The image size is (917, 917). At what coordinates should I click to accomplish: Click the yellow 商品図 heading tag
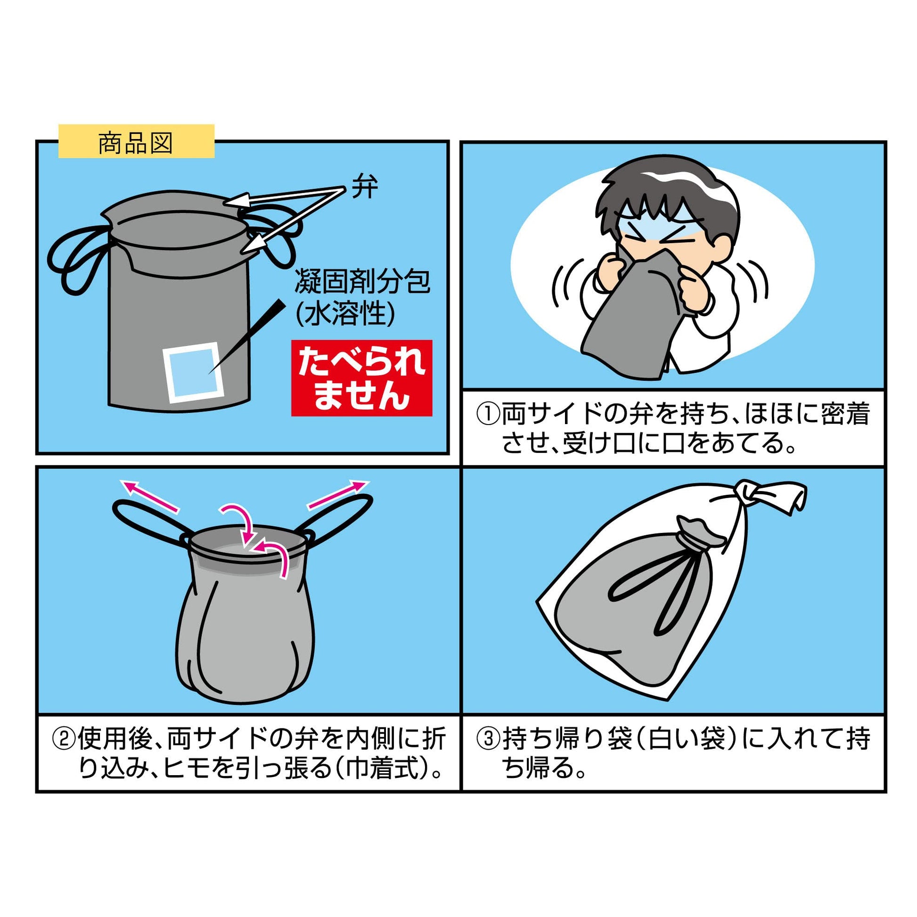tap(136, 141)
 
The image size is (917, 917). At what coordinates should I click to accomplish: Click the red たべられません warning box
tap(361, 378)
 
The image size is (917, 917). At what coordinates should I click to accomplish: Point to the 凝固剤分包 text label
tap(363, 281)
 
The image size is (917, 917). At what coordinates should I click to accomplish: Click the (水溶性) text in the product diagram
tap(345, 314)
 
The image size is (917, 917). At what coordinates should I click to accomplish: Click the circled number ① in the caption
tap(488, 413)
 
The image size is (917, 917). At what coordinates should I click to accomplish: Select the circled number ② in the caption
tap(64, 740)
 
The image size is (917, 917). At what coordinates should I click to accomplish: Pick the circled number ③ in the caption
tap(488, 740)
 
